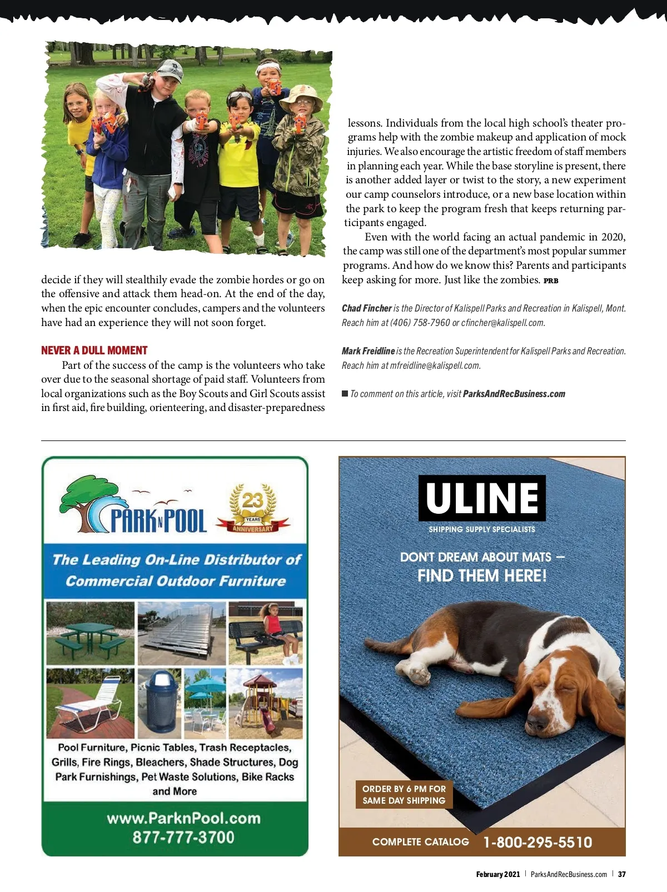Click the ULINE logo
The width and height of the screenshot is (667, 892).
pos(482,498)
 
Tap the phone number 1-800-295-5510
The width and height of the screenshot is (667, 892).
pos(537,842)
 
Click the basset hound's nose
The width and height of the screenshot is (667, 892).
pos(536,722)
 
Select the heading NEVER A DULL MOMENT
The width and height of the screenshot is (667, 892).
pos(94,350)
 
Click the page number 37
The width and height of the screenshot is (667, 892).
pos(622,874)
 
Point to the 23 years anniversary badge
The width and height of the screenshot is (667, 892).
pos(253,508)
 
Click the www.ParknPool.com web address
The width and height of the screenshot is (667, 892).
pos(183,818)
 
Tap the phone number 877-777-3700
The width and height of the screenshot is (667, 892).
pos(183,837)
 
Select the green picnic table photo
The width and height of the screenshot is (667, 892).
pos(90,633)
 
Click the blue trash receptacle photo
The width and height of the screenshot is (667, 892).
pos(160,703)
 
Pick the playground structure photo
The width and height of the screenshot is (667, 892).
pos(266,703)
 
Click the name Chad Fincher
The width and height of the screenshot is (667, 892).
pos(366,308)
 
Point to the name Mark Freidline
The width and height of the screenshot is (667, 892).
pos(368,351)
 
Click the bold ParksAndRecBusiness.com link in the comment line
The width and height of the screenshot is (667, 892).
pos(514,394)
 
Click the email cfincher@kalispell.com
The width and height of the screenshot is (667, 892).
pos(503,323)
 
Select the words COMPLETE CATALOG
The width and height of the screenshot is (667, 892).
pos(420,842)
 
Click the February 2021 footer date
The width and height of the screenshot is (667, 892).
pos(497,874)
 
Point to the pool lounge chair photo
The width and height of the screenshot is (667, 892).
pos(90,703)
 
